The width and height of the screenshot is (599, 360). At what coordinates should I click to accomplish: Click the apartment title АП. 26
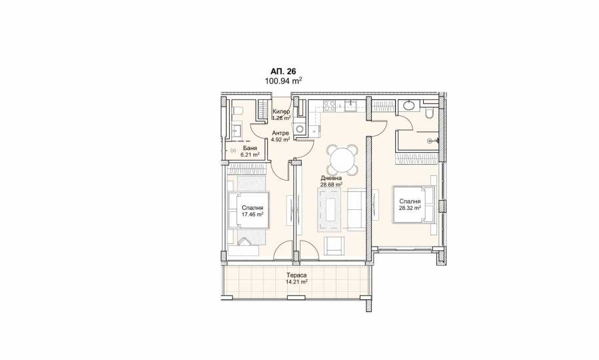click(283, 71)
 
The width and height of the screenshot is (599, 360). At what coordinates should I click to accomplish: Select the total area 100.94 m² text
click(283, 81)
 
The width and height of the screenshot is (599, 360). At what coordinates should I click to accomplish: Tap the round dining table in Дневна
click(342, 159)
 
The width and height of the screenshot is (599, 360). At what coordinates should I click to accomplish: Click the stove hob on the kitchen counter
click(329, 105)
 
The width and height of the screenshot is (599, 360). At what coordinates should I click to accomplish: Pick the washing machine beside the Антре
click(300, 129)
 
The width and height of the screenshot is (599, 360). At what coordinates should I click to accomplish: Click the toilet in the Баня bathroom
click(237, 111)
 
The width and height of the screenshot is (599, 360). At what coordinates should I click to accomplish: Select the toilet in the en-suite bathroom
click(429, 112)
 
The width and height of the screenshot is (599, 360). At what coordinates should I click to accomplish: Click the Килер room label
click(281, 111)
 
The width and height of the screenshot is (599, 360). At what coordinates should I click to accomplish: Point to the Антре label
click(280, 133)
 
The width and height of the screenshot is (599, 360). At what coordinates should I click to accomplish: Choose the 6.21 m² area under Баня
click(250, 155)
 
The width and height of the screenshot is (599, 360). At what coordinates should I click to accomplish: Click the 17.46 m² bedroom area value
click(252, 215)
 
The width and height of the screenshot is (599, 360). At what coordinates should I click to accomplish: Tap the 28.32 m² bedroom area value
click(410, 208)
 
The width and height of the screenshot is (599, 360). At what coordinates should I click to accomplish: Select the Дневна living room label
click(331, 178)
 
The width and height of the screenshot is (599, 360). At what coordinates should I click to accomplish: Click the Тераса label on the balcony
click(297, 275)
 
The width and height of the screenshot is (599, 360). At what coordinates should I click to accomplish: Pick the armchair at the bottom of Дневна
click(335, 245)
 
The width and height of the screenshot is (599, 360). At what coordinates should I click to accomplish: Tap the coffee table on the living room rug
click(329, 210)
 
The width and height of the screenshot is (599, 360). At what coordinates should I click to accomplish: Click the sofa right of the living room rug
click(357, 210)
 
